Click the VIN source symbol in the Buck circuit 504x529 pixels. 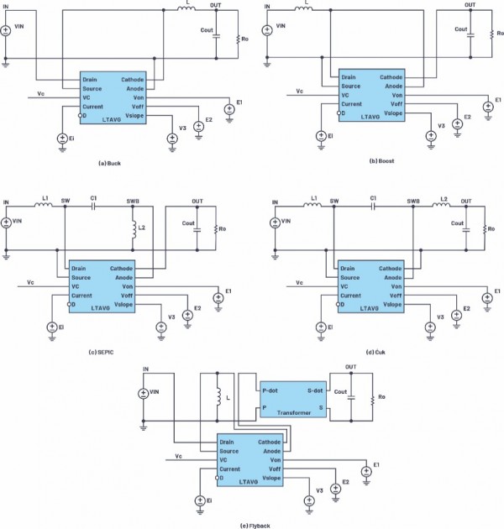click(6, 31)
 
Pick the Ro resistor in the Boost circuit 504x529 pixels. click(490, 37)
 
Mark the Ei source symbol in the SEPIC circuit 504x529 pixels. click(51, 327)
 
